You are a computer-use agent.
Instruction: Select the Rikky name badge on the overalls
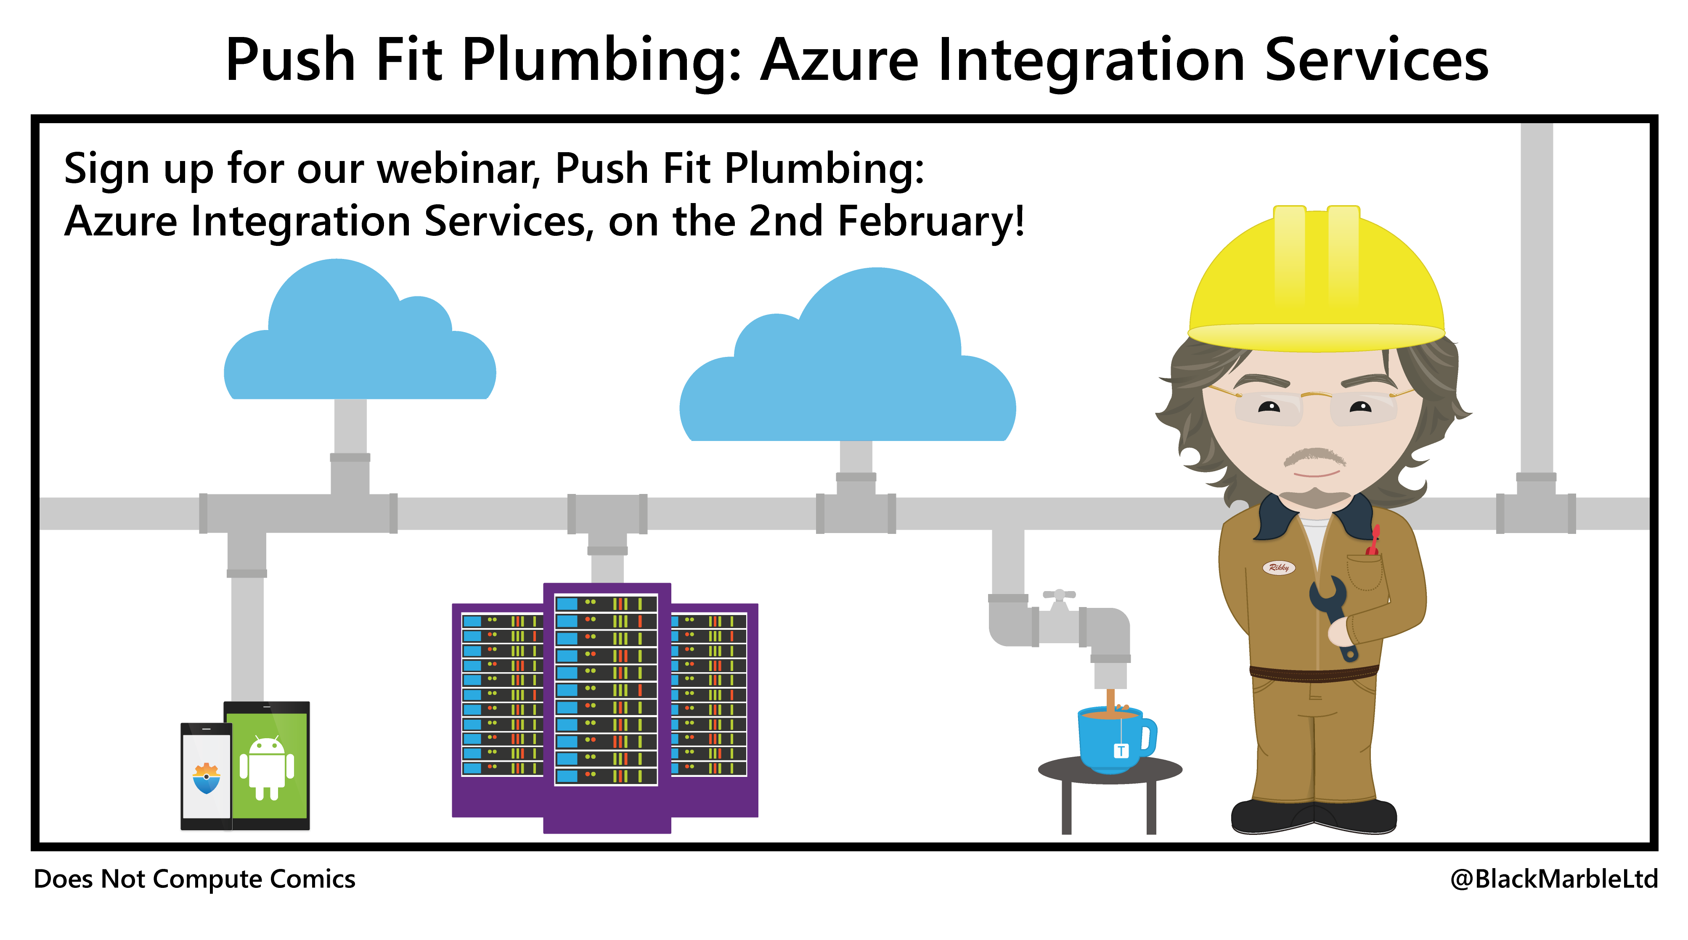click(x=1278, y=567)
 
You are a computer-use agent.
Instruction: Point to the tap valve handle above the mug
click(x=1059, y=595)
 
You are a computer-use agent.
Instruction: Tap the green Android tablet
click(x=267, y=765)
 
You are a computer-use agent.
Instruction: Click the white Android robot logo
click(x=267, y=768)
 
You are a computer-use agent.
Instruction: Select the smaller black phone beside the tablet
click(x=206, y=776)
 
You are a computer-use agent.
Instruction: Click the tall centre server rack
click(x=607, y=708)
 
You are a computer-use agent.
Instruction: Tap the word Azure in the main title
click(x=840, y=60)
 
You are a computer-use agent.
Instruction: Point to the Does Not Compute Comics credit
click(x=195, y=879)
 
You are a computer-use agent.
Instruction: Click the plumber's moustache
click(x=1314, y=456)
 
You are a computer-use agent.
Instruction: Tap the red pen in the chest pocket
click(x=1373, y=541)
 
